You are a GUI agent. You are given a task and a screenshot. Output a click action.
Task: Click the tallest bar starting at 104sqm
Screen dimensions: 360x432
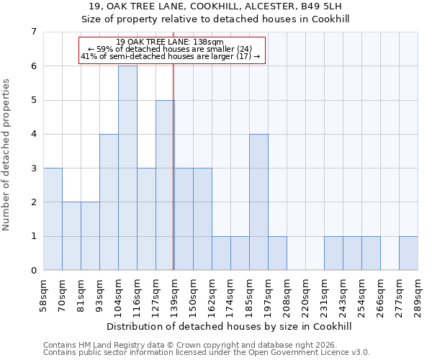point(127,168)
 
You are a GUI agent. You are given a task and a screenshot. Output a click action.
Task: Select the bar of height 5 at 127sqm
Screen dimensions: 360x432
point(165,185)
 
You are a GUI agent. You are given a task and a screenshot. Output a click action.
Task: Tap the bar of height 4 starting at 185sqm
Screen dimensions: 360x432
point(258,202)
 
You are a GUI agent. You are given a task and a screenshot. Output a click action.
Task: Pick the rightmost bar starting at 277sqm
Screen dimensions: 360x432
point(408,253)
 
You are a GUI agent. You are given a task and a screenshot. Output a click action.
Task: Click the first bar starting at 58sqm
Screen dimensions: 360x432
point(53,219)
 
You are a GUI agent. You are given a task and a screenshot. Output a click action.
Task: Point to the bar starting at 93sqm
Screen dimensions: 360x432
point(109,202)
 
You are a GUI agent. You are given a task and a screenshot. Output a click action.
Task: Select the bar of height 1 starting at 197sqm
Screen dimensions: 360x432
point(277,253)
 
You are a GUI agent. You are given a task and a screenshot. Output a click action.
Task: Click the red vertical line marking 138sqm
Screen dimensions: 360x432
point(174,180)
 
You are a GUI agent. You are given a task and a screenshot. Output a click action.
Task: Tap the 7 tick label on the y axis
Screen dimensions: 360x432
point(33,32)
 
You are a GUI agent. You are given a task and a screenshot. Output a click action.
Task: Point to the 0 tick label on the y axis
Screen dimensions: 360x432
point(33,271)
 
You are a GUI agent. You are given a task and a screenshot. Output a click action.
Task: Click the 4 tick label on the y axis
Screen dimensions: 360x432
point(33,134)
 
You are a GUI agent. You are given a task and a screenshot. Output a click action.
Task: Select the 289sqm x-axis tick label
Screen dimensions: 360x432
point(418,295)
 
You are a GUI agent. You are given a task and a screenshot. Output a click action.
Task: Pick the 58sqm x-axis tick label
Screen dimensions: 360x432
point(43,295)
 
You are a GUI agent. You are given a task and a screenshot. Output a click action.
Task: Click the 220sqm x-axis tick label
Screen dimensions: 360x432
point(305,295)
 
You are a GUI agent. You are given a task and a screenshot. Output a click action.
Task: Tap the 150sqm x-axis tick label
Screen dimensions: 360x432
point(193,295)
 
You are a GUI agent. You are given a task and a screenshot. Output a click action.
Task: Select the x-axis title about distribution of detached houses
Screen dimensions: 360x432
point(230,326)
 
